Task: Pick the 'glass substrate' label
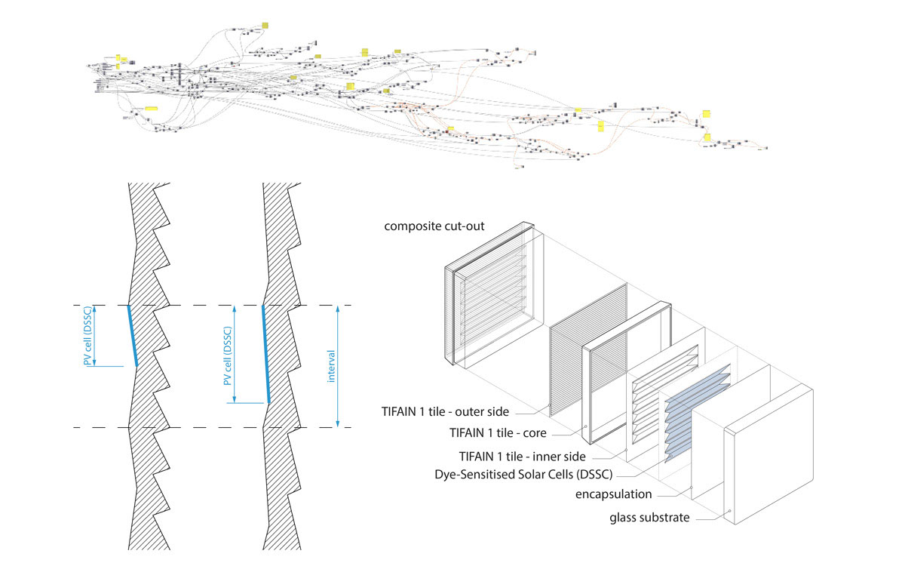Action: [x=649, y=518]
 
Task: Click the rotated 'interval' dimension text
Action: [x=331, y=365]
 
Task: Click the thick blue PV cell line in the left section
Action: [x=132, y=336]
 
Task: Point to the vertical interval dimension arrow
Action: [x=338, y=367]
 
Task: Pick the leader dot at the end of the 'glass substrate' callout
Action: [x=730, y=512]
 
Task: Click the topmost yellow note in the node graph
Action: [x=265, y=25]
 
